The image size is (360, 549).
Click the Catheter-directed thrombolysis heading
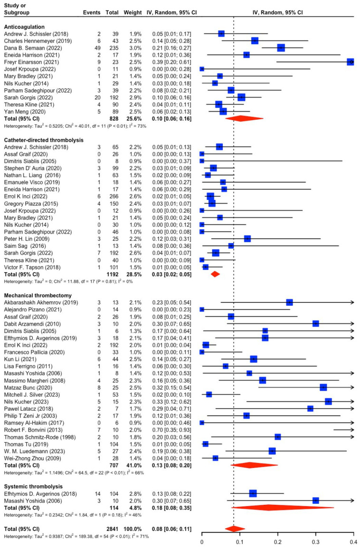44,140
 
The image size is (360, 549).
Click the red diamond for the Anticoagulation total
240,118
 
